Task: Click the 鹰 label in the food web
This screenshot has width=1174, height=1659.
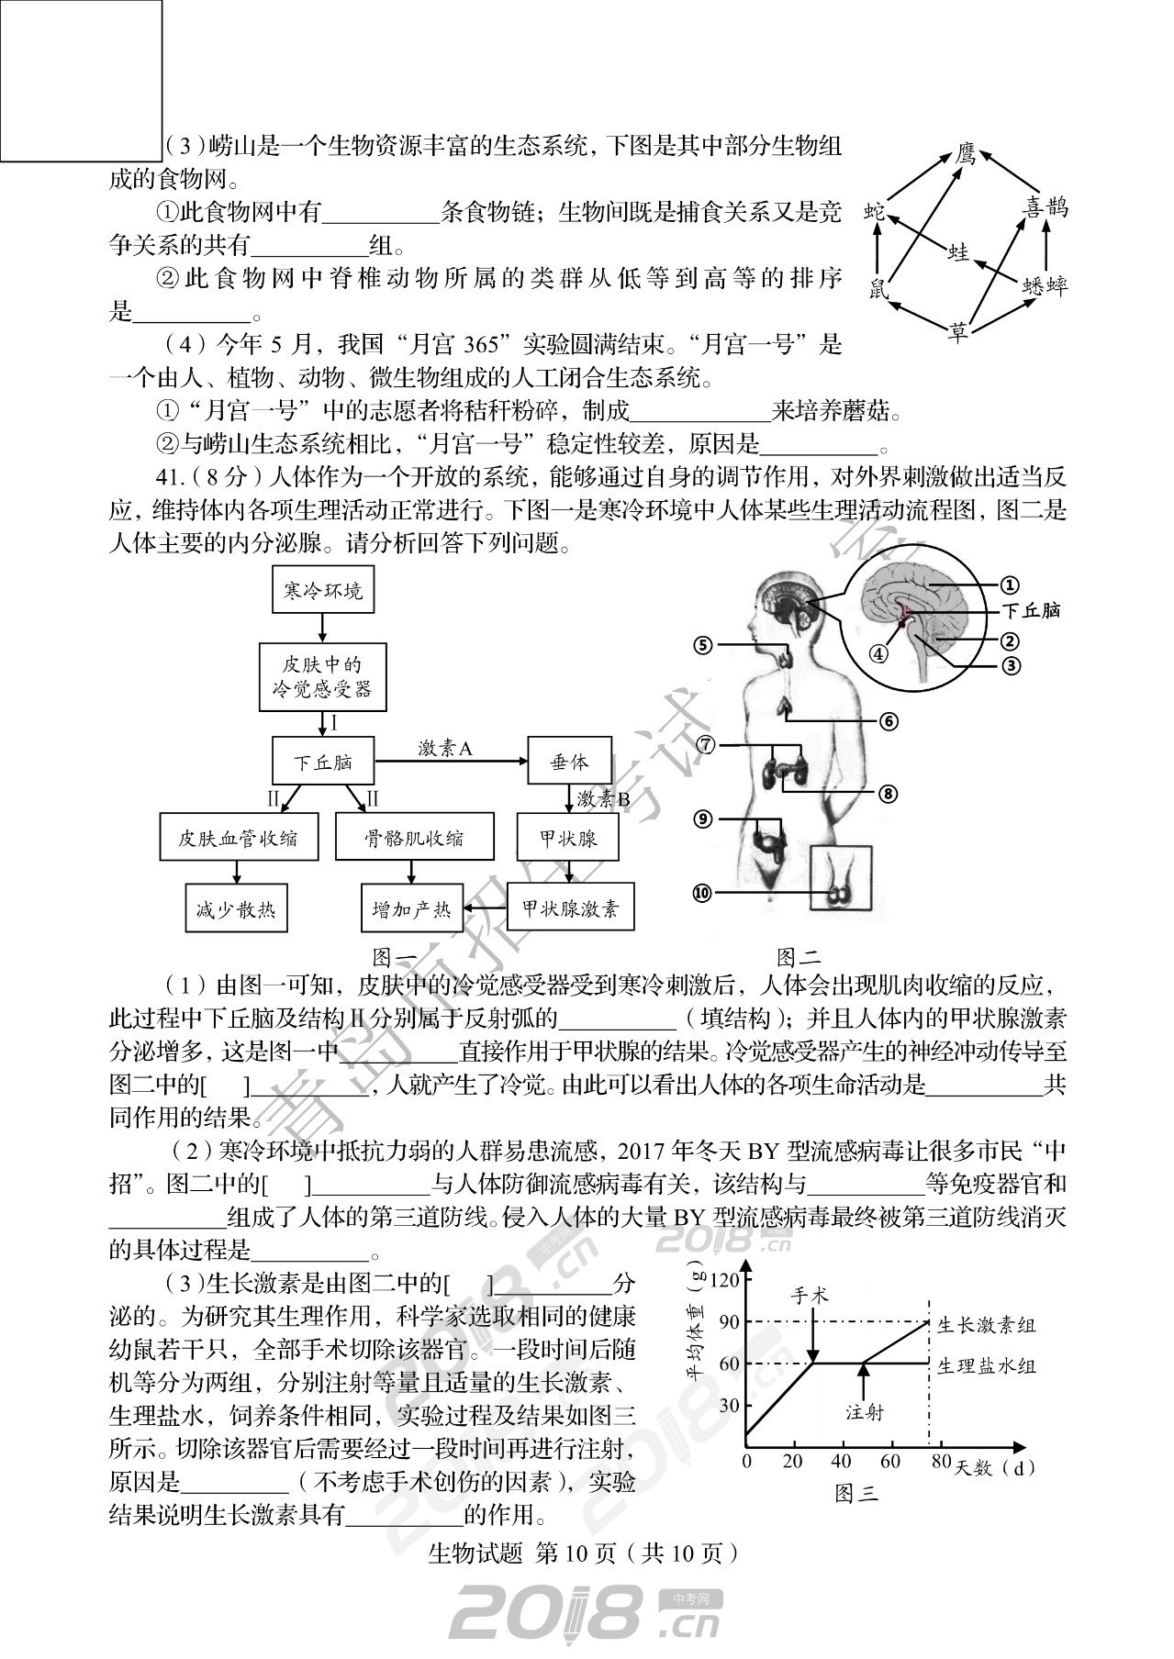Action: [964, 152]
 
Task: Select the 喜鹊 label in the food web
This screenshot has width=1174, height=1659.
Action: [1045, 207]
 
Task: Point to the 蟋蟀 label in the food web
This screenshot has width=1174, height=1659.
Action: [1045, 285]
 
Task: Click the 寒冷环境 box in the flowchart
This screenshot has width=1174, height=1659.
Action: [323, 590]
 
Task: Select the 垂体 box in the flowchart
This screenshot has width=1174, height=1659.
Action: [569, 762]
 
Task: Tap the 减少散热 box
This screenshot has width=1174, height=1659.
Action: [235, 910]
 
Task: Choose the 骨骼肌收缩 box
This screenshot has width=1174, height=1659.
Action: [414, 838]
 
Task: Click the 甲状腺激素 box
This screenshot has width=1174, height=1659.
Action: [571, 909]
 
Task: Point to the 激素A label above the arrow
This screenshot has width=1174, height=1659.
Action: [444, 749]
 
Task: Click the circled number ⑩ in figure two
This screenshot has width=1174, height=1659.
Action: [702, 892]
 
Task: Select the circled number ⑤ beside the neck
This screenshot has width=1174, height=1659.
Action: [703, 645]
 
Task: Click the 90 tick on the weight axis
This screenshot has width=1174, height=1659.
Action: [729, 1322]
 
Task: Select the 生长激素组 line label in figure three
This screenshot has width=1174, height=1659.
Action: [987, 1326]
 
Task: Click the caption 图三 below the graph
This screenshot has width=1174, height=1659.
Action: [857, 1493]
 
